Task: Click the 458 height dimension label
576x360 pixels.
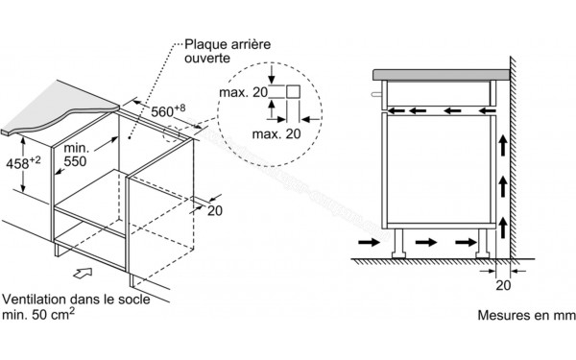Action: click(23, 163)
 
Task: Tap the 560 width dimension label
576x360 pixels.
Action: click(168, 110)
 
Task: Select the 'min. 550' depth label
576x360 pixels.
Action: click(76, 155)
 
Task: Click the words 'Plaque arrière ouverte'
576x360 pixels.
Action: click(228, 51)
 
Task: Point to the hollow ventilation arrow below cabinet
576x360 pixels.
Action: click(83, 273)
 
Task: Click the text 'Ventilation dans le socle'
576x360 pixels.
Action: click(76, 299)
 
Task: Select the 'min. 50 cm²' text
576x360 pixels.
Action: click(38, 314)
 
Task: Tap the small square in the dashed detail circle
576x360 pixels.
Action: click(293, 91)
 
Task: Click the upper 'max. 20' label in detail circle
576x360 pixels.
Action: click(243, 92)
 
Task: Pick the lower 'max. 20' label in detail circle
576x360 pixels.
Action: click(276, 134)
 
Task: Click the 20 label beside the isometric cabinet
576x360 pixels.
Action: click(215, 210)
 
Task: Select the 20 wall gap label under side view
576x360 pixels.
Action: click(503, 285)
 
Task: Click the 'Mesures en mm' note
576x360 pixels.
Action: click(526, 315)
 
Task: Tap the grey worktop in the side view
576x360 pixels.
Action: click(442, 75)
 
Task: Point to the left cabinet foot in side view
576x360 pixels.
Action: click(398, 244)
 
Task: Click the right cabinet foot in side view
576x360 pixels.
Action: click(483, 244)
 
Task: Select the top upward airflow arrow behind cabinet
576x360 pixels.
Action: click(503, 146)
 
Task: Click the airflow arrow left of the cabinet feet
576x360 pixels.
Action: click(370, 242)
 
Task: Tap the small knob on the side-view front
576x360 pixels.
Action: click(376, 94)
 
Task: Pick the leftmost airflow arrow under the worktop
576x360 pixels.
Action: click(396, 110)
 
